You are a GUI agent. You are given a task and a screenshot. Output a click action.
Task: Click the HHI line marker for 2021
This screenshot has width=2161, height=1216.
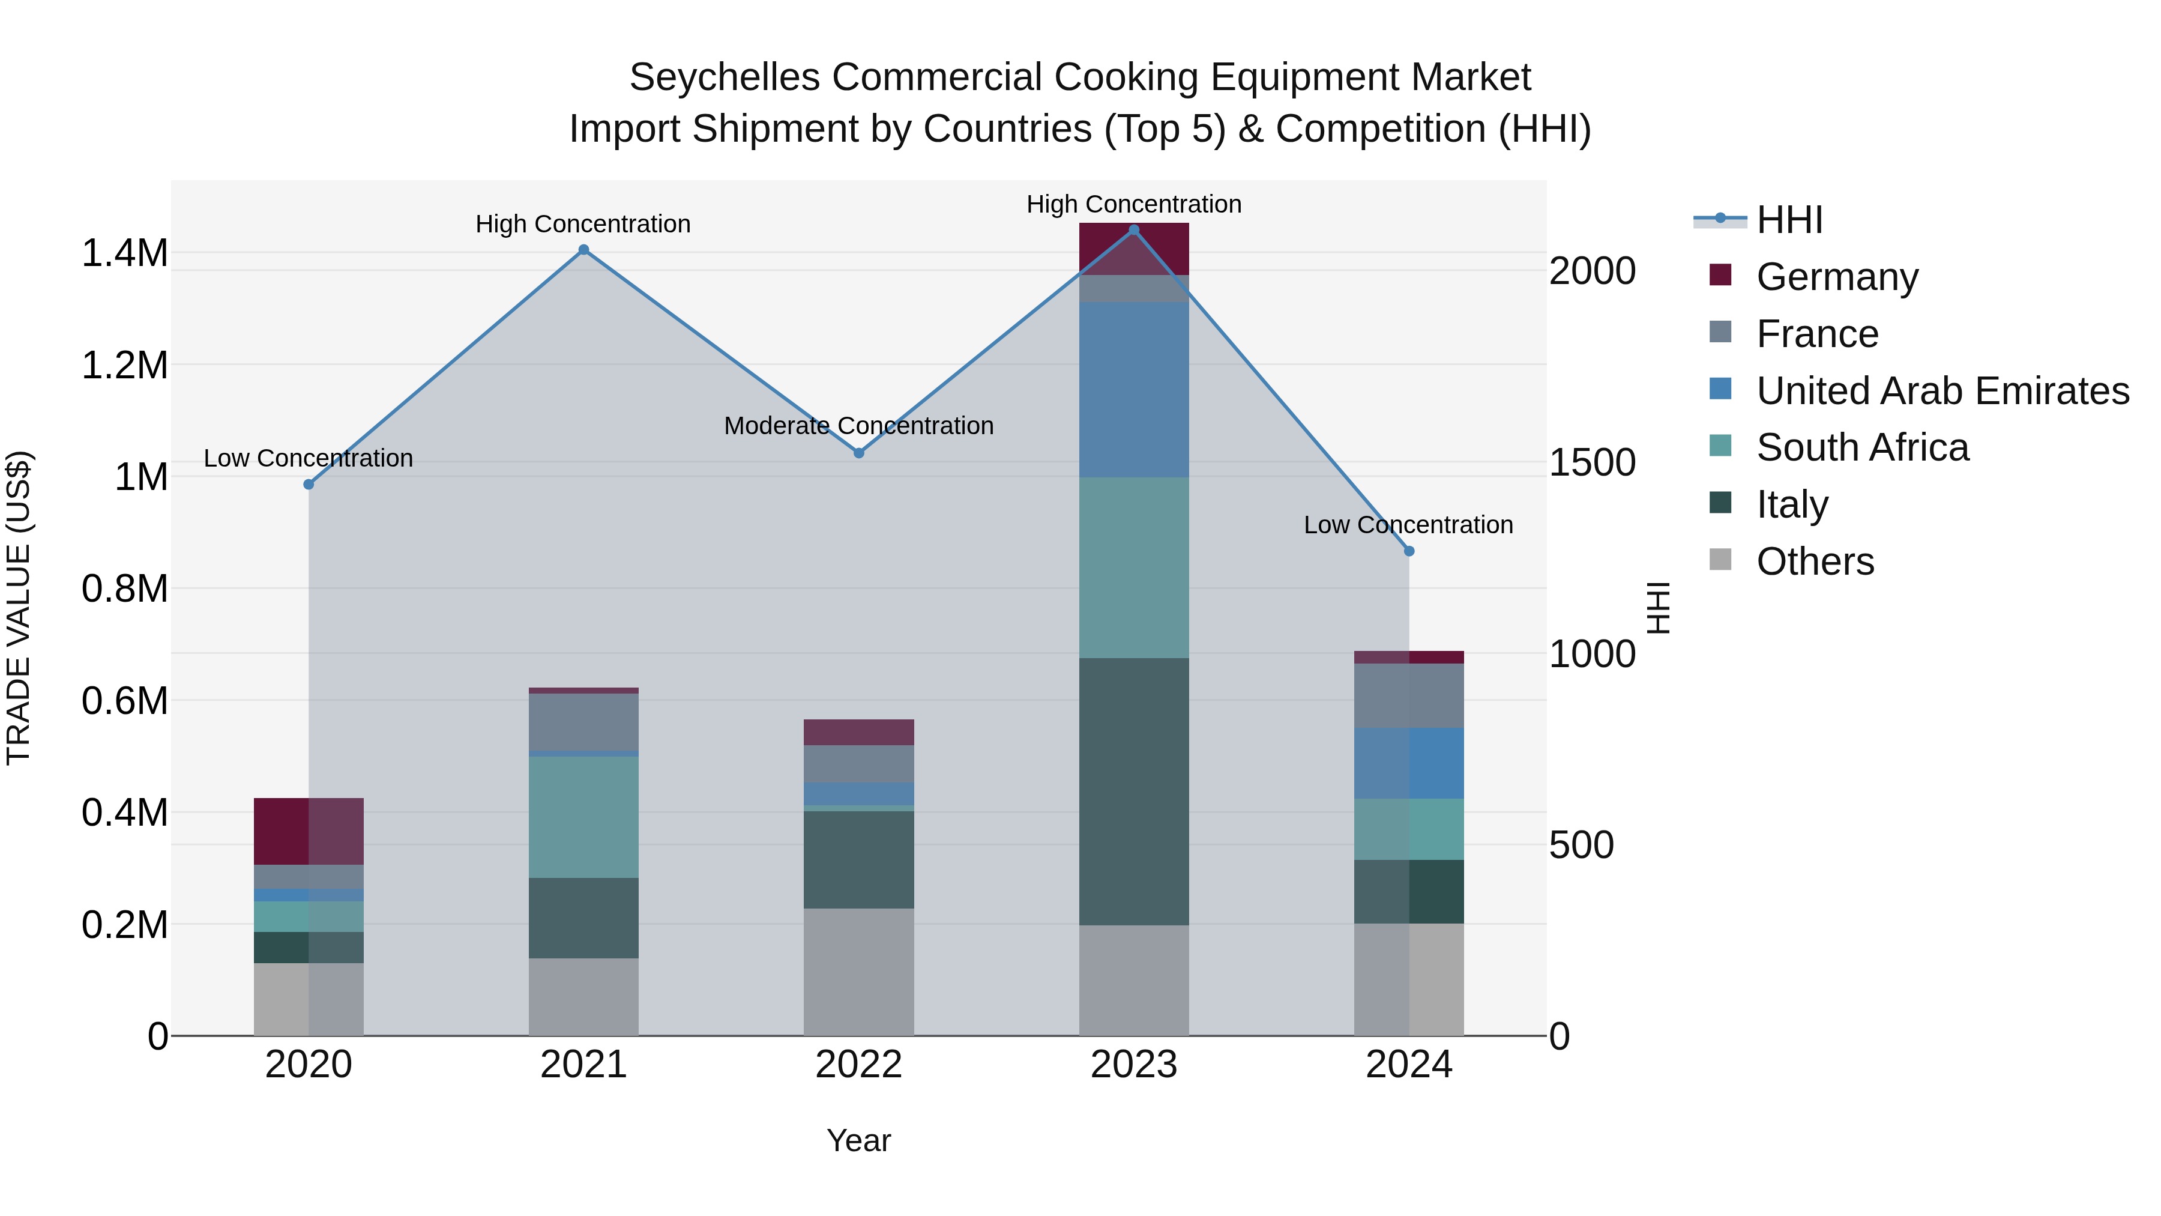[x=584, y=250]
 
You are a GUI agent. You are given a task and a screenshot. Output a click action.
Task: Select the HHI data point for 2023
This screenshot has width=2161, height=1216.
[x=1134, y=230]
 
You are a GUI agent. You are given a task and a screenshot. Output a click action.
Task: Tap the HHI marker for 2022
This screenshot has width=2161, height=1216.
[x=859, y=453]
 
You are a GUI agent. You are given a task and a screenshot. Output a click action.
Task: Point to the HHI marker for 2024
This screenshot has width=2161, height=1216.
[x=1409, y=551]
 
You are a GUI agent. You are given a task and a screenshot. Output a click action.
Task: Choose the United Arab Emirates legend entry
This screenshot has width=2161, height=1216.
[x=1942, y=391]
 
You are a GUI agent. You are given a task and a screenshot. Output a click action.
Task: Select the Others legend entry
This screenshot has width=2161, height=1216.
[x=1815, y=561]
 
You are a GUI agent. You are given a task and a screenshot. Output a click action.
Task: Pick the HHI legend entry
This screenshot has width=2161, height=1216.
[x=1789, y=220]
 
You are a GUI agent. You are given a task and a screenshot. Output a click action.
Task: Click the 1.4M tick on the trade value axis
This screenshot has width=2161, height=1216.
[x=125, y=253]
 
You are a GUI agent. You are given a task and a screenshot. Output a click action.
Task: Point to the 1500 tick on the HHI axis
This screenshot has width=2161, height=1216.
[x=1591, y=462]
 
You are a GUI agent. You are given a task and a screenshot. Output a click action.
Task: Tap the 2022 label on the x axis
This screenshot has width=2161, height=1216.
[x=859, y=1065]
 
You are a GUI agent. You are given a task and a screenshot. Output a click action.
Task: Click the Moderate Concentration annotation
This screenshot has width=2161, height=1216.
[x=859, y=426]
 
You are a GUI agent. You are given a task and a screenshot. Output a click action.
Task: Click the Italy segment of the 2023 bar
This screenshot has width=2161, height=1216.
[x=1134, y=791]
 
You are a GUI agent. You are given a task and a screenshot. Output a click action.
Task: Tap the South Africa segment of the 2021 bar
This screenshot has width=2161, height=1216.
[x=584, y=817]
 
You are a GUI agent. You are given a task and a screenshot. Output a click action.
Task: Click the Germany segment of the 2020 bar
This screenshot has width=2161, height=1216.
[x=309, y=831]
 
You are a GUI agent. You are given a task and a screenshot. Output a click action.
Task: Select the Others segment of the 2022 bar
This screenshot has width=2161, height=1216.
[x=859, y=972]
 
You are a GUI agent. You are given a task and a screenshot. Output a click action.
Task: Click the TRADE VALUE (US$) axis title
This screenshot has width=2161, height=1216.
[x=19, y=608]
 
